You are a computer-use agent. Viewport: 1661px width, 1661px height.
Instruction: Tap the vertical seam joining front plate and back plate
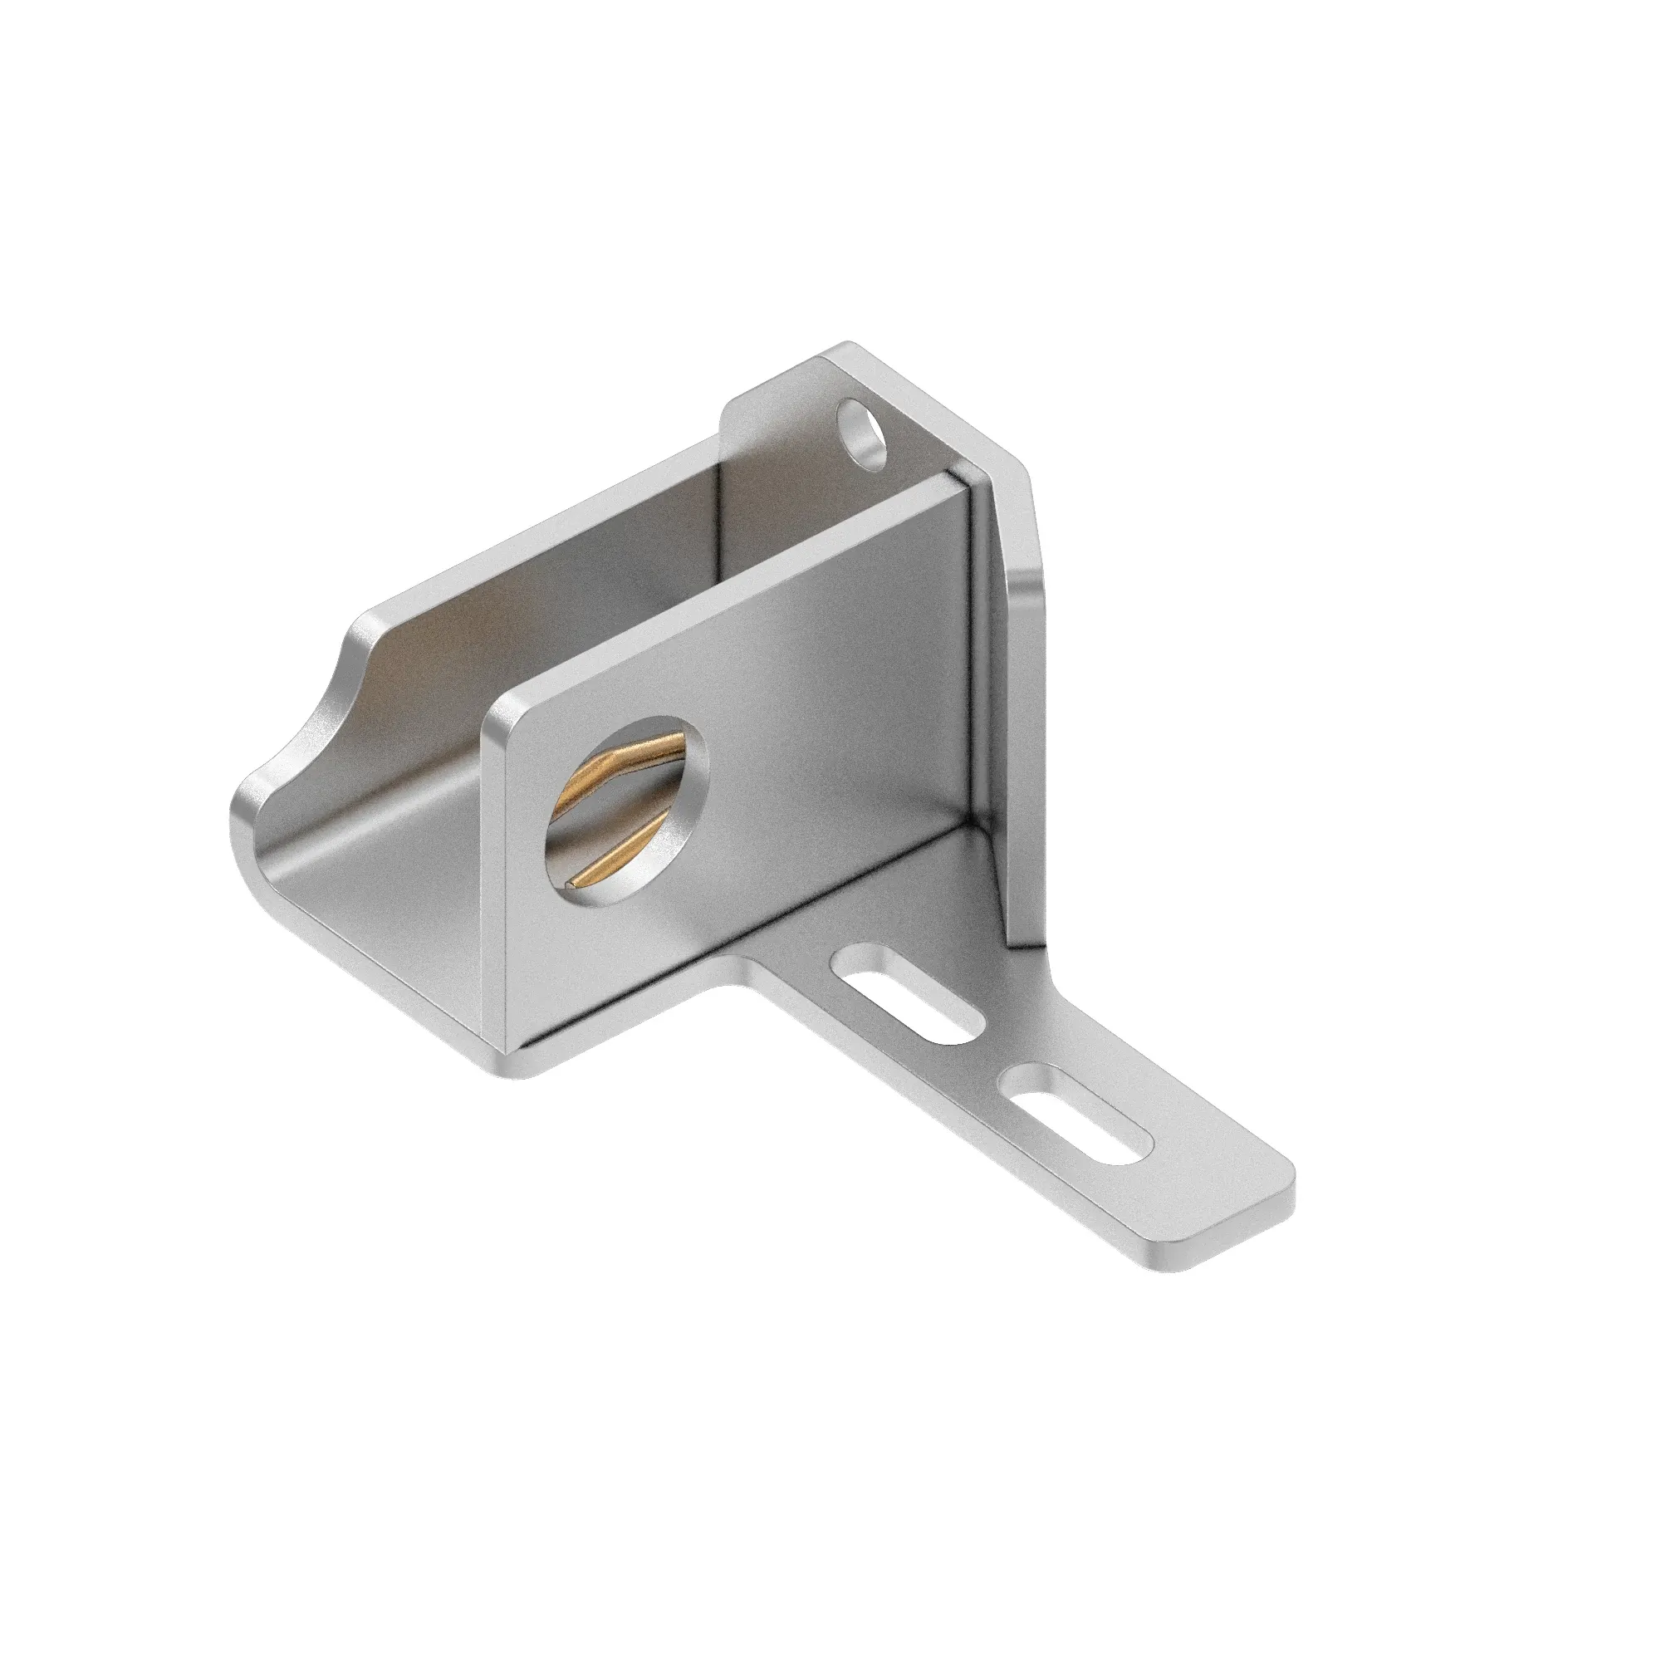coord(974,654)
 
